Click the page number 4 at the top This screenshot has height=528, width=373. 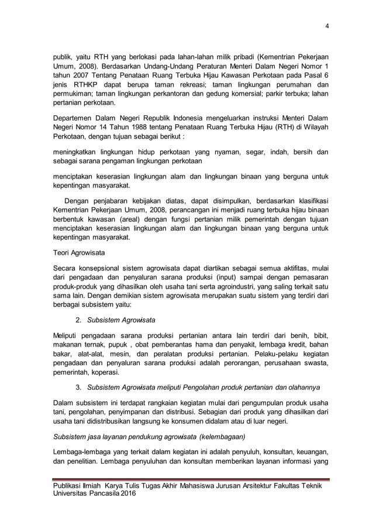pyautogui.click(x=327, y=25)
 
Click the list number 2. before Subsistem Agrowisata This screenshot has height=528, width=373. pyautogui.click(x=78, y=320)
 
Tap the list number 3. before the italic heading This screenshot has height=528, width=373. pyautogui.click(x=78, y=388)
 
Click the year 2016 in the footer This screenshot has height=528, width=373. pyautogui.click(x=140, y=495)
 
